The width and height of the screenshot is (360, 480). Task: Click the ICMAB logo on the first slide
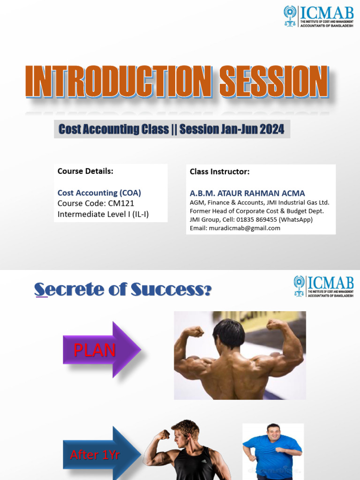318,16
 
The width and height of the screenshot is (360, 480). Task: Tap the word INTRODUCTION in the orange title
119,82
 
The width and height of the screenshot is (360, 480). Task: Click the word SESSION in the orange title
274,82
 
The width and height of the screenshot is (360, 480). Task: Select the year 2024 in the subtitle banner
272,129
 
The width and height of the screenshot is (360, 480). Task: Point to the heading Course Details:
85,171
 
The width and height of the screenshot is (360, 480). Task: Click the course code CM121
121,203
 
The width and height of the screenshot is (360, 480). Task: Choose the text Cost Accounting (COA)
99,193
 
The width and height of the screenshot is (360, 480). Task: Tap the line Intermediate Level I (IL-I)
103,214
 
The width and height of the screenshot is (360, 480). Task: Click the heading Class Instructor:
219,172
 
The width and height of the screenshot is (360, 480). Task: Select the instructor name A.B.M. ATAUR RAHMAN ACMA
247,194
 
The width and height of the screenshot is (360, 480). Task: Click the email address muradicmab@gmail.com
245,228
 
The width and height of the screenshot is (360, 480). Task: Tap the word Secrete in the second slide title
69,289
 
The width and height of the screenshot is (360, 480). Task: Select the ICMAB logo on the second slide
323,286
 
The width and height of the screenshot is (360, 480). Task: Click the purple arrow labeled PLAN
102,350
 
